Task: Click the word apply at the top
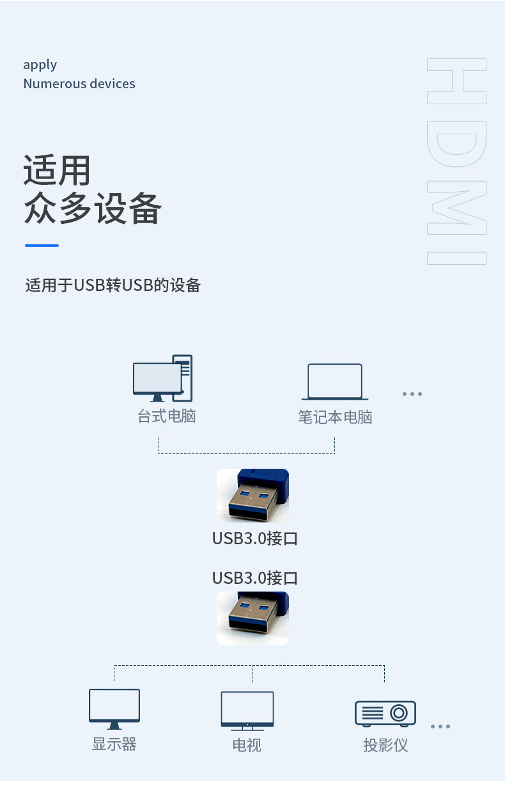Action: coord(40,65)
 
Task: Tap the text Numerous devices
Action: coord(79,84)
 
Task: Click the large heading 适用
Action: coord(57,170)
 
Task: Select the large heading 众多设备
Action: coord(92,208)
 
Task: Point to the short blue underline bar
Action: coord(42,246)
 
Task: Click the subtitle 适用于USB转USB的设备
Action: coord(113,285)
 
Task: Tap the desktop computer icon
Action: coord(163,378)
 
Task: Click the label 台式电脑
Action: coord(167,416)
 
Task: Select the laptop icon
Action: coord(335,382)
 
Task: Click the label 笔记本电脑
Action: coord(335,417)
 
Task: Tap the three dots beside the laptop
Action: coord(412,394)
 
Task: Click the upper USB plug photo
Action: coord(252,495)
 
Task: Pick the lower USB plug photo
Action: coord(252,618)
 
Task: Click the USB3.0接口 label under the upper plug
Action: coord(255,538)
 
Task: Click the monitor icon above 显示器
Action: coord(114,709)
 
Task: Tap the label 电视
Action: coord(247,745)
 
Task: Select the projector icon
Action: coord(385,714)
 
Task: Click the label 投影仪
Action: coord(385,745)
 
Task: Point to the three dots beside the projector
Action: coord(440,726)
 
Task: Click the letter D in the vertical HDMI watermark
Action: coord(457,144)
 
